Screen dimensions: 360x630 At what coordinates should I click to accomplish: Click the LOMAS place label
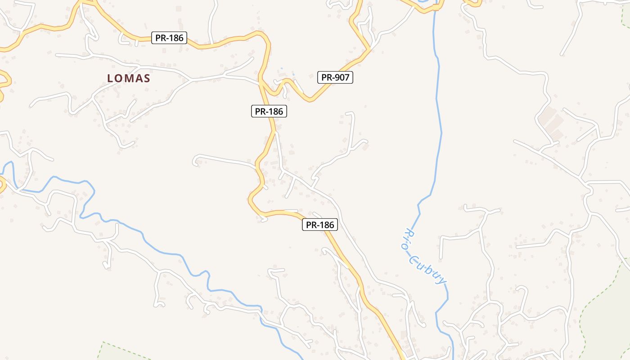pyautogui.click(x=128, y=78)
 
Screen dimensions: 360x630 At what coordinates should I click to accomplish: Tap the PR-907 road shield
pyautogui.click(x=335, y=77)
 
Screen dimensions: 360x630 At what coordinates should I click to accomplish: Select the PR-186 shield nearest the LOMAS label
pyautogui.click(x=169, y=38)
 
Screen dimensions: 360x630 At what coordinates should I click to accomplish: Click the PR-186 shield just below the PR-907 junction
pyautogui.click(x=269, y=111)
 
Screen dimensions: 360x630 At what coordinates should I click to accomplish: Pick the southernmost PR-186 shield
pyautogui.click(x=319, y=225)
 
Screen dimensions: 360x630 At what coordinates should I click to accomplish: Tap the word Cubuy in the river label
pyautogui.click(x=428, y=270)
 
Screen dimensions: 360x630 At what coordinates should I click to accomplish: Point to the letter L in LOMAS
pyautogui.click(x=110, y=78)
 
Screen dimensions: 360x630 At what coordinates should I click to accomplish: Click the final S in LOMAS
pyautogui.click(x=147, y=78)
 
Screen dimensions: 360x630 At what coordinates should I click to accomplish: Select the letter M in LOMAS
pyautogui.click(x=128, y=78)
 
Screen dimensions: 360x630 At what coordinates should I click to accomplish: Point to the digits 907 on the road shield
pyautogui.click(x=342, y=77)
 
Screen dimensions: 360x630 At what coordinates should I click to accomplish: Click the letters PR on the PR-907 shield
pyautogui.click(x=326, y=77)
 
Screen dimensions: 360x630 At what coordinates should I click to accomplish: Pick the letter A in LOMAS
pyautogui.click(x=138, y=78)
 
